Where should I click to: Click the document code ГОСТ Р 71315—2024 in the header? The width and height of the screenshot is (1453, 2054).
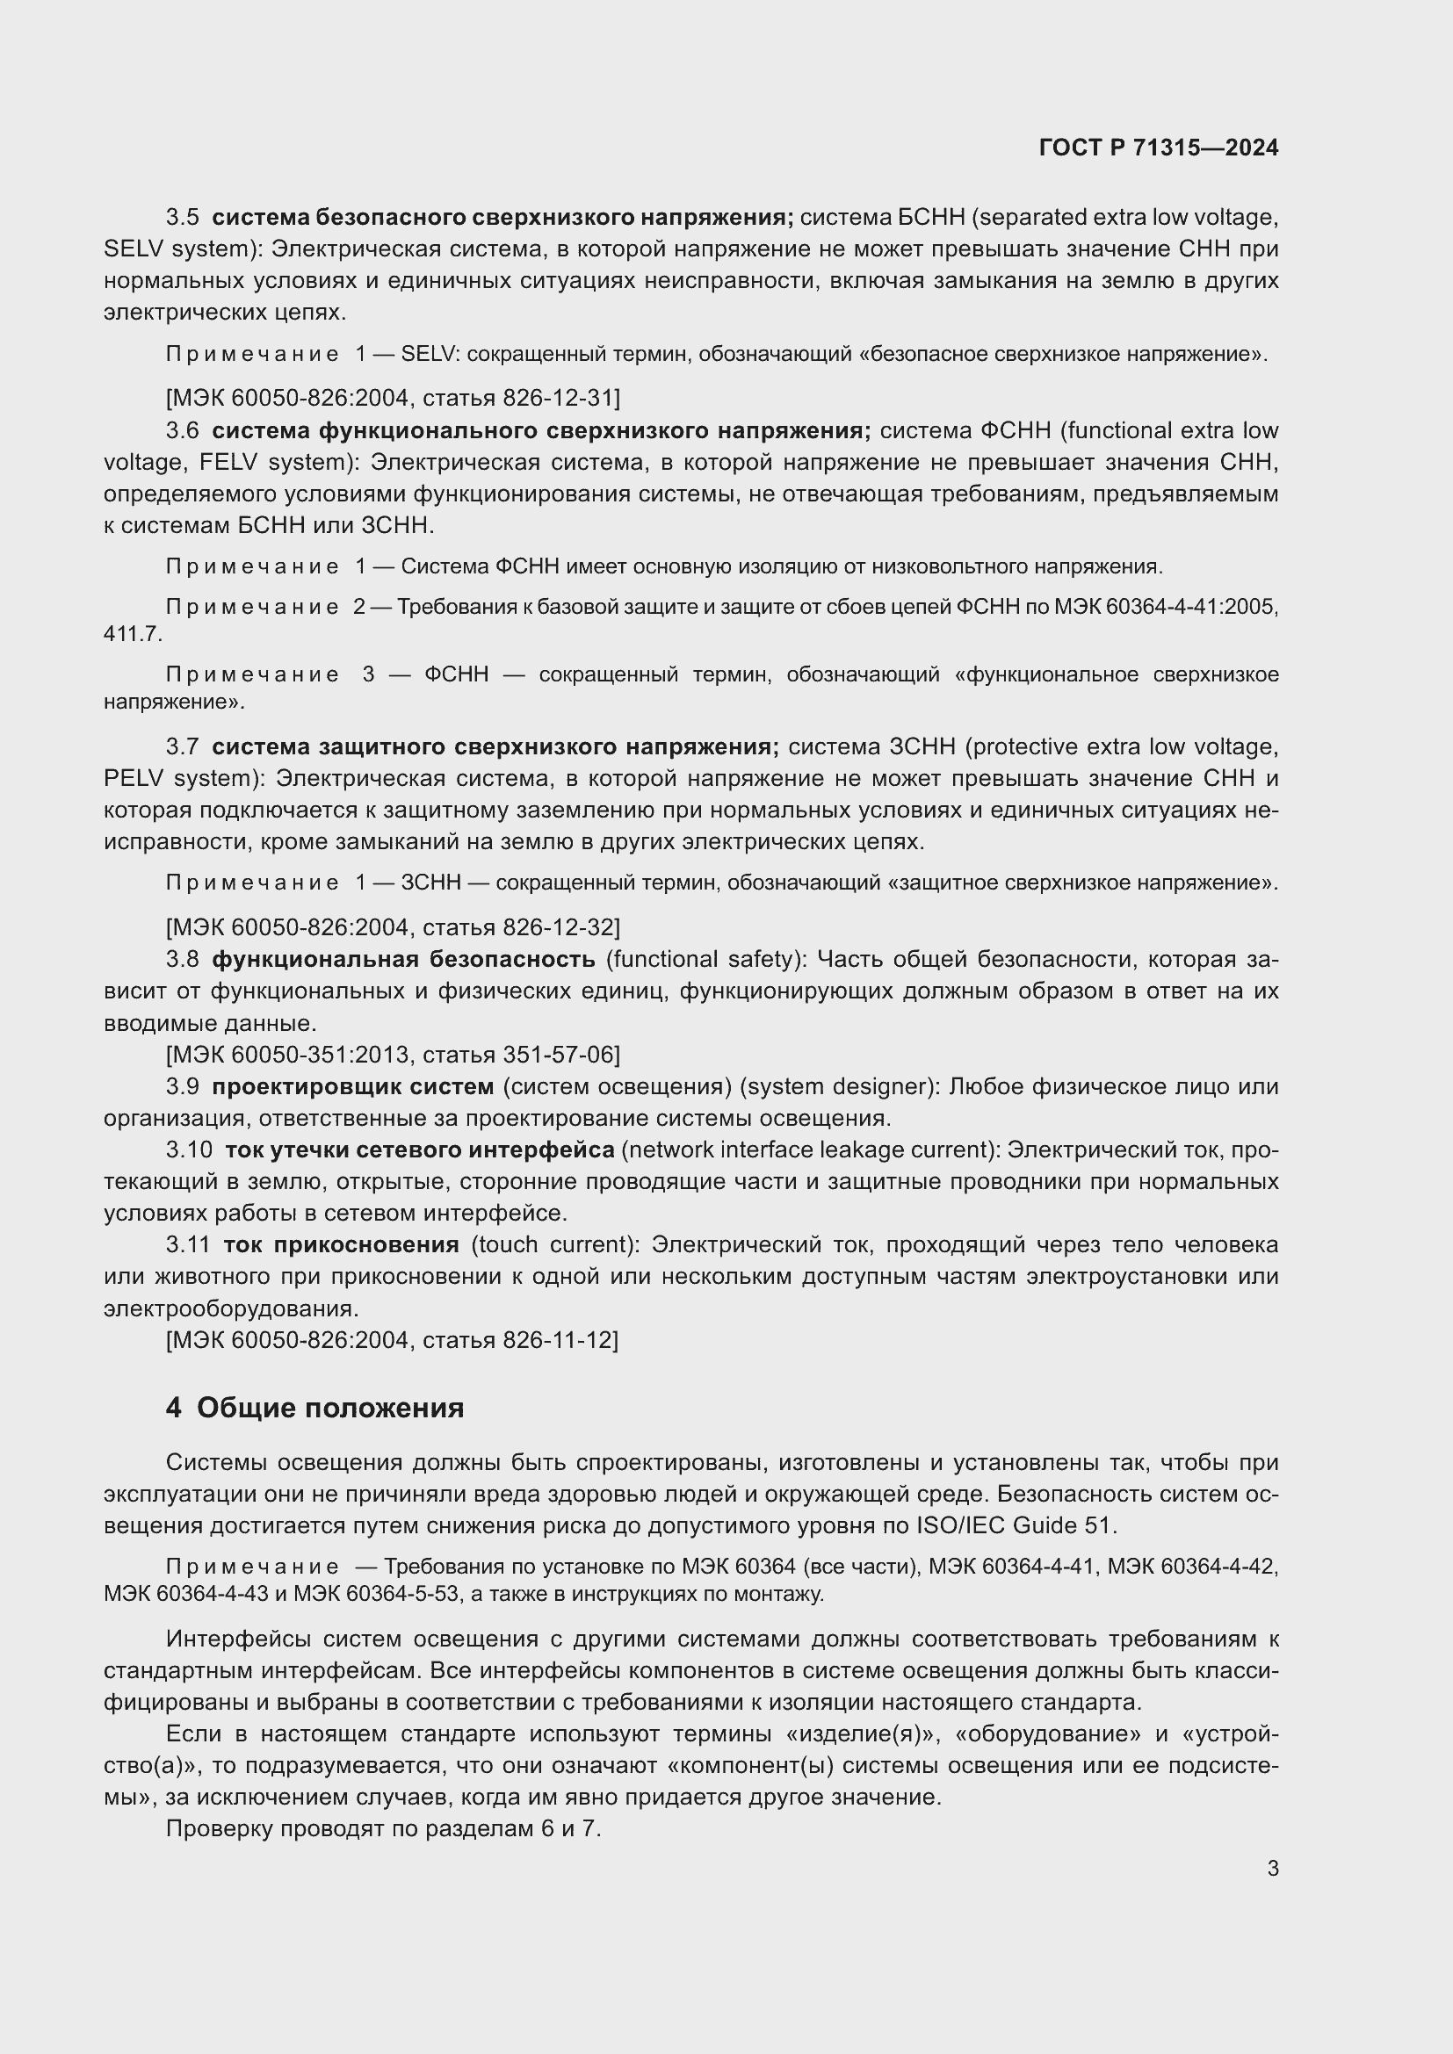pyautogui.click(x=1159, y=148)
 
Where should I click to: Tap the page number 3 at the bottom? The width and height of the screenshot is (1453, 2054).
pyautogui.click(x=1272, y=1869)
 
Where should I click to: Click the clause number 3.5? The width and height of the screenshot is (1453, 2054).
pyautogui.click(x=183, y=218)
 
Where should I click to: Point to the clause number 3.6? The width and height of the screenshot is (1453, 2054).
pyautogui.click(x=183, y=430)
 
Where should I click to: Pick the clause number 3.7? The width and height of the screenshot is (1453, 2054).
pyautogui.click(x=183, y=746)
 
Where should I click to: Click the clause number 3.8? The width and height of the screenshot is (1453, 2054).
pyautogui.click(x=183, y=959)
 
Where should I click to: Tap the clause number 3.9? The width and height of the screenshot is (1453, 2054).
pyautogui.click(x=183, y=1086)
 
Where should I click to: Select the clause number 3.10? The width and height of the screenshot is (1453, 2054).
pyautogui.click(x=189, y=1150)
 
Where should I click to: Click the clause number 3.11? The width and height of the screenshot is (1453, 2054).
pyautogui.click(x=188, y=1244)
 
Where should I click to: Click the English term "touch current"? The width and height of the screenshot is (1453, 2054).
pyautogui.click(x=554, y=1244)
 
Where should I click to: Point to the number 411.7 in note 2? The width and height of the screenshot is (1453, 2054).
pyautogui.click(x=132, y=634)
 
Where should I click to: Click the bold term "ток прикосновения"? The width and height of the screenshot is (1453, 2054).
pyautogui.click(x=341, y=1244)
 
